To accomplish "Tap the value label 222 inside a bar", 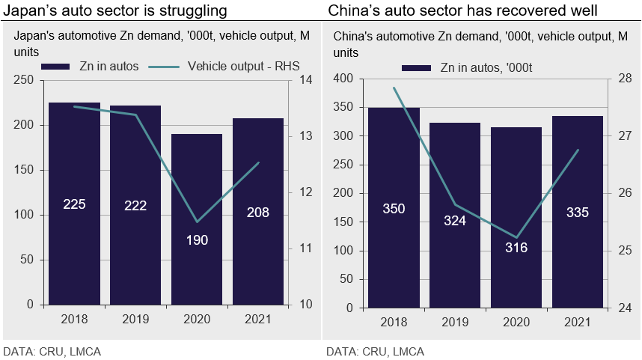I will click(x=135, y=204).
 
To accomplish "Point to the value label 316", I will click(x=516, y=247).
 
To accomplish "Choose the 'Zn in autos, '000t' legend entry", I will click(x=468, y=68).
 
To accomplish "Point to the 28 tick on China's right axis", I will click(x=626, y=79).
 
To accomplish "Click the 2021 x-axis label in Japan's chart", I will click(x=258, y=319).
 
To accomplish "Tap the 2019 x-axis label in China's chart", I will click(x=455, y=323).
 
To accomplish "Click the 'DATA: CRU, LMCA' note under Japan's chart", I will click(x=52, y=351).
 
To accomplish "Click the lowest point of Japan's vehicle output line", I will click(x=197, y=222).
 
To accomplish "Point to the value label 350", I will click(x=394, y=209).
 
